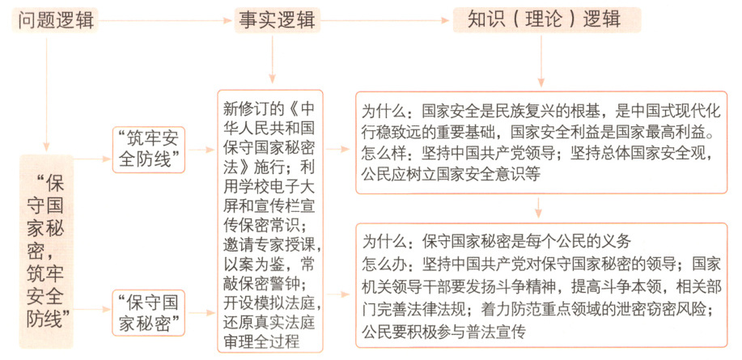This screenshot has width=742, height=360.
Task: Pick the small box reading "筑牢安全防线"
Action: click(x=151, y=150)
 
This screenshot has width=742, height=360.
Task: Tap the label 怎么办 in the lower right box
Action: click(x=386, y=262)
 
